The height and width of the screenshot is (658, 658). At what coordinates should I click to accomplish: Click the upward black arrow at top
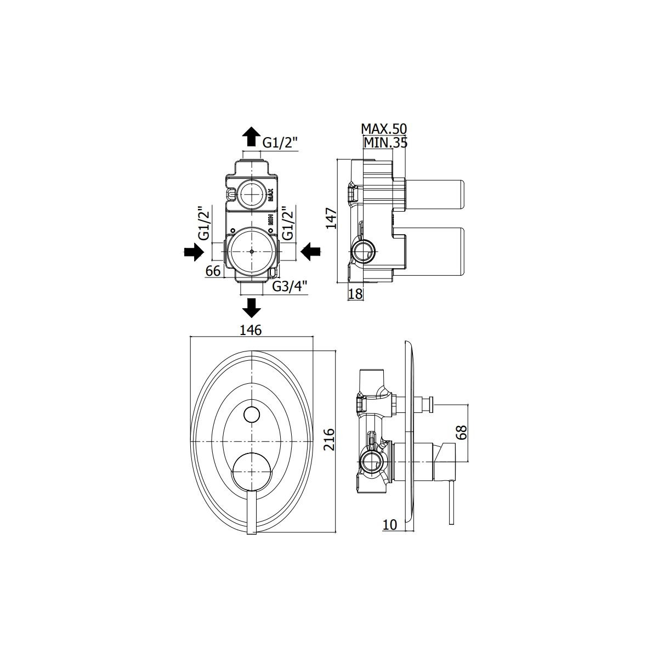click(251, 135)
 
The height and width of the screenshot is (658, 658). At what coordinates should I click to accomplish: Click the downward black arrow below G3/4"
click(251, 308)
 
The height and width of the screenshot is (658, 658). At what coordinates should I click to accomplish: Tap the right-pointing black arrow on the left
click(194, 252)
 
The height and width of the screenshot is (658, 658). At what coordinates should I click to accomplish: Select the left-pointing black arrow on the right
click(311, 252)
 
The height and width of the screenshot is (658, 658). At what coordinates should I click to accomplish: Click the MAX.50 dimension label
click(384, 129)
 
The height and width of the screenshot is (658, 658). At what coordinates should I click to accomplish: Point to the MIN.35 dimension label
click(385, 143)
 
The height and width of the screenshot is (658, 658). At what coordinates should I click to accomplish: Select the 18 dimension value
click(355, 294)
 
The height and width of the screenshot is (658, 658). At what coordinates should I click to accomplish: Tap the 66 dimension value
click(213, 271)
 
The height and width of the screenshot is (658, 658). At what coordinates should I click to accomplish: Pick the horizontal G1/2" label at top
click(280, 143)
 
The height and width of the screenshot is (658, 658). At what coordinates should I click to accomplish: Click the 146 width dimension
click(251, 330)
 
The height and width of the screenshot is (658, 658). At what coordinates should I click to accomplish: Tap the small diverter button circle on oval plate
click(251, 415)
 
